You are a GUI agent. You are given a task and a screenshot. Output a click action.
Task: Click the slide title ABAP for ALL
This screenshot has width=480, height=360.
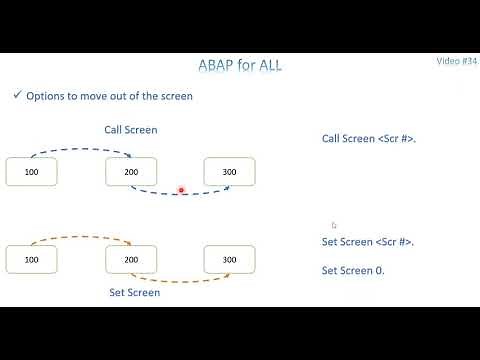click(x=239, y=67)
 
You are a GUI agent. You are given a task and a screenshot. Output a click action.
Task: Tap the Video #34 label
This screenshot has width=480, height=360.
click(x=457, y=61)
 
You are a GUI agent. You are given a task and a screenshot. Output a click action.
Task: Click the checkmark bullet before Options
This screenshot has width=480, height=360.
click(x=16, y=95)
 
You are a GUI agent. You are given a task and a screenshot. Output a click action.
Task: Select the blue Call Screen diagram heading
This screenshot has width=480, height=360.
click(x=130, y=130)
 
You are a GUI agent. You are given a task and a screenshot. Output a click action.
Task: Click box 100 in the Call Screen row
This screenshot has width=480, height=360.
click(x=31, y=172)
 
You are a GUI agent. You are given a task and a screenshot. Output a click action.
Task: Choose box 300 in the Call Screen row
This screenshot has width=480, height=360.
click(x=229, y=172)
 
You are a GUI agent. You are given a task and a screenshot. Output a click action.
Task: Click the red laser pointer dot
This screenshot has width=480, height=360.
click(x=181, y=189)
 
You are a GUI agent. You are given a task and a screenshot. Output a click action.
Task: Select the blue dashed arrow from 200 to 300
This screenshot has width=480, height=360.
click(x=180, y=194)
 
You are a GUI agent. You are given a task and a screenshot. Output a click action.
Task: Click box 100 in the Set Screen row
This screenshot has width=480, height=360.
click(x=31, y=259)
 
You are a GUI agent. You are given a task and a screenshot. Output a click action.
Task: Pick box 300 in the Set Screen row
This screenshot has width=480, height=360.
click(x=229, y=259)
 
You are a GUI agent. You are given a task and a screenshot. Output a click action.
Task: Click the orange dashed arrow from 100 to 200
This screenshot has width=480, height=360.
click(x=80, y=239)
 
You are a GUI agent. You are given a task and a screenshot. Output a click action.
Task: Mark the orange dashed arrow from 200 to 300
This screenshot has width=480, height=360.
click(x=180, y=281)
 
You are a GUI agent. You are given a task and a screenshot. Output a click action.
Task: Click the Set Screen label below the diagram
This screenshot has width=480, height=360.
click(x=134, y=293)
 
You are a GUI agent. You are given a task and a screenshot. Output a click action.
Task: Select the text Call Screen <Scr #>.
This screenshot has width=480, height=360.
click(x=368, y=138)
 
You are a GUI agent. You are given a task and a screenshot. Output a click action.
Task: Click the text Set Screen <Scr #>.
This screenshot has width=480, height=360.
click(x=367, y=242)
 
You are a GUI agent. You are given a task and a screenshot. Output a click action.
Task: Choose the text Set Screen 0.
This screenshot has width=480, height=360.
click(x=353, y=270)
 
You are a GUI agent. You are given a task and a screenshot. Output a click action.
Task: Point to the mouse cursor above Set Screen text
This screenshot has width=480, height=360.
click(x=334, y=225)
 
